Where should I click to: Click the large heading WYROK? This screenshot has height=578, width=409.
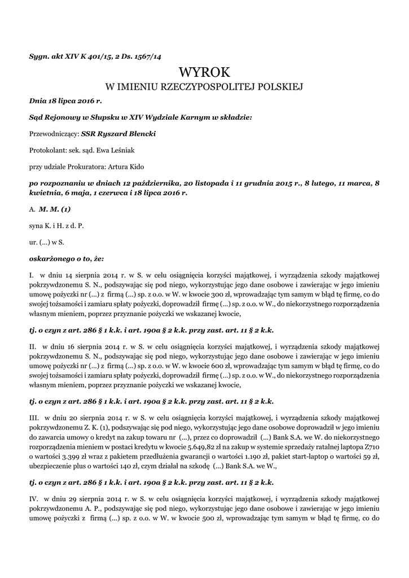(x=204, y=72)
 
